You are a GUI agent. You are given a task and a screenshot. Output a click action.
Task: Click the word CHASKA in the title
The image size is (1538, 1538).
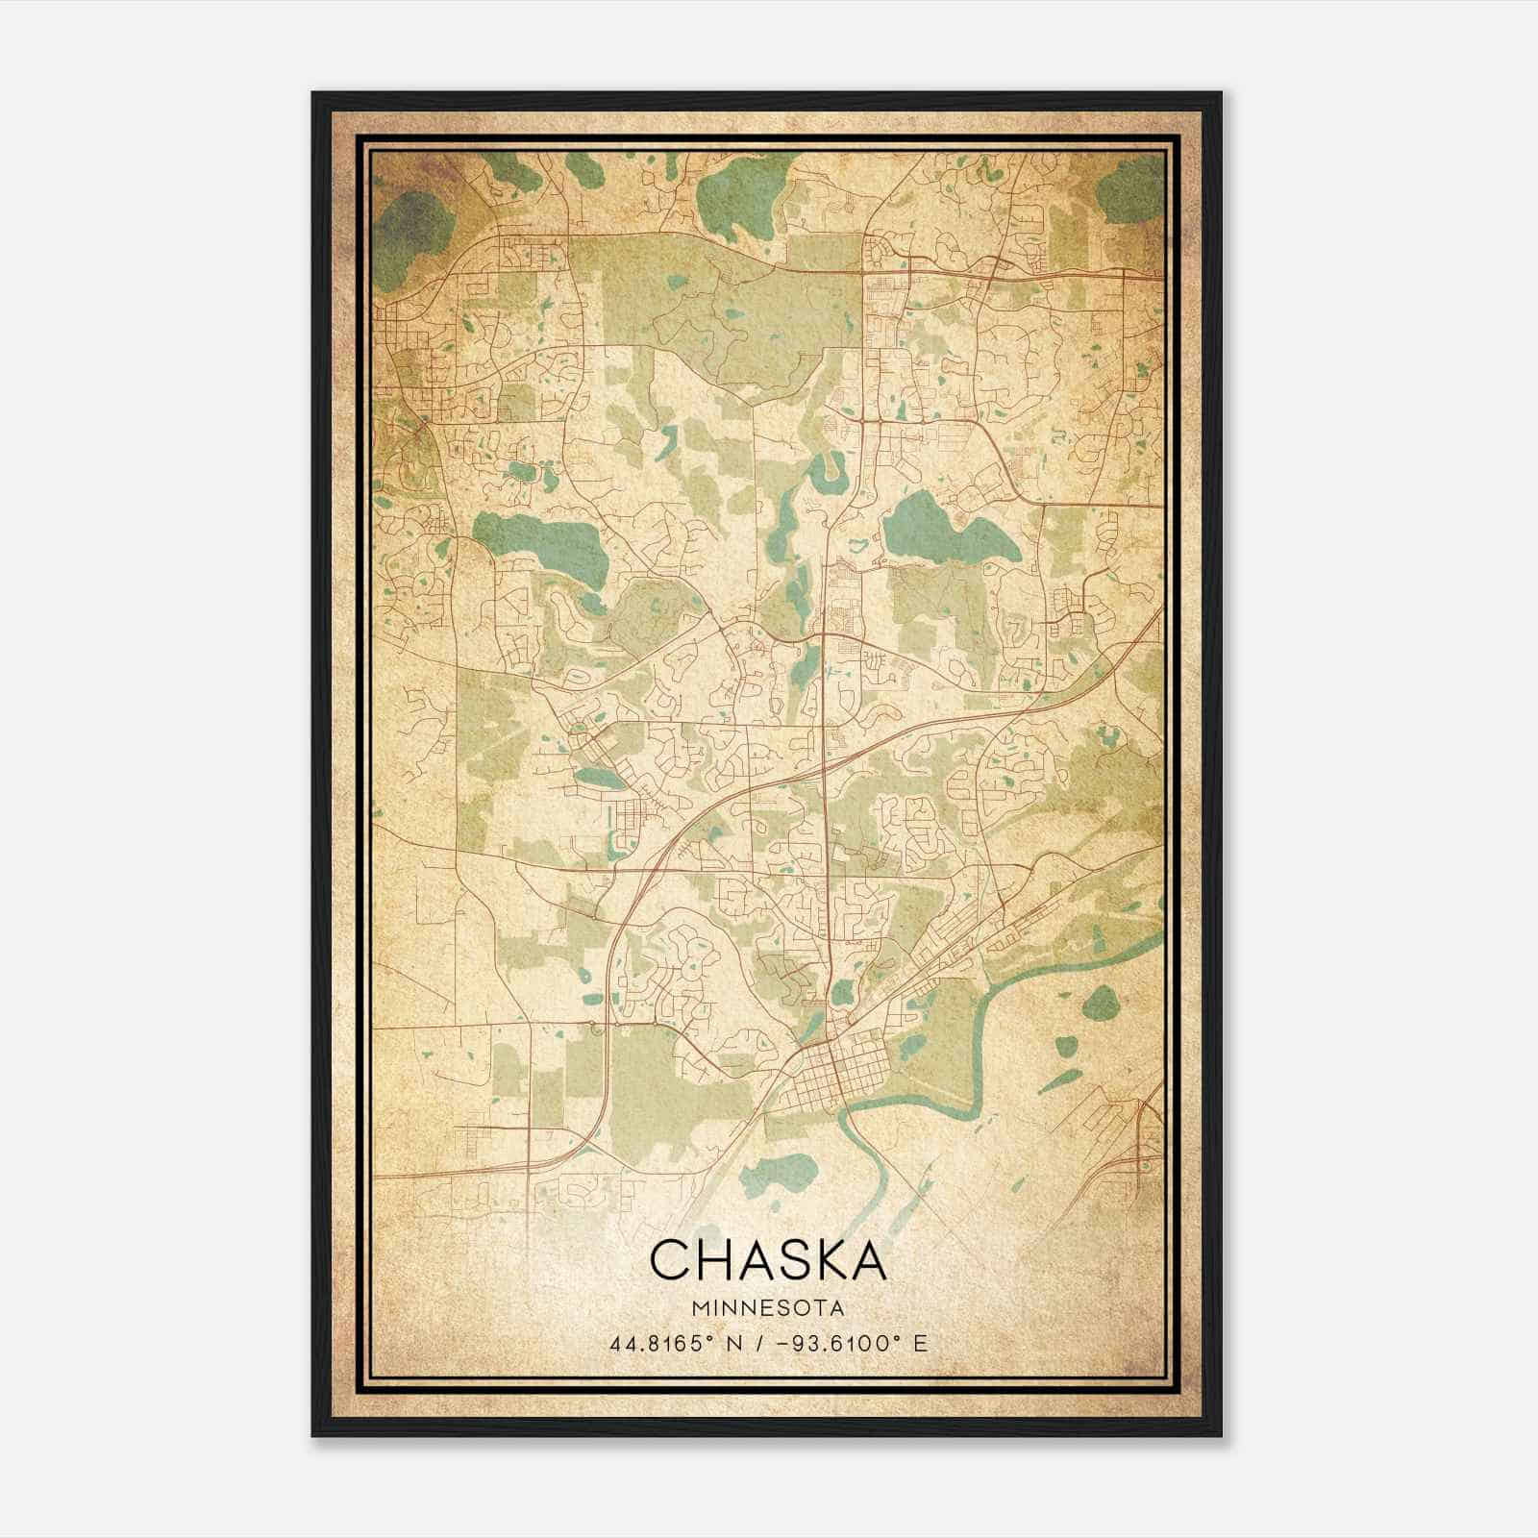(x=767, y=1260)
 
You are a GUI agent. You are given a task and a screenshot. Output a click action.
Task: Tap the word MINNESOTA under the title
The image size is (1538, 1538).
(x=767, y=1308)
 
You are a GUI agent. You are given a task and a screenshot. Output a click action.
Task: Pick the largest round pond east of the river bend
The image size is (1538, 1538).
(x=1098, y=1006)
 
